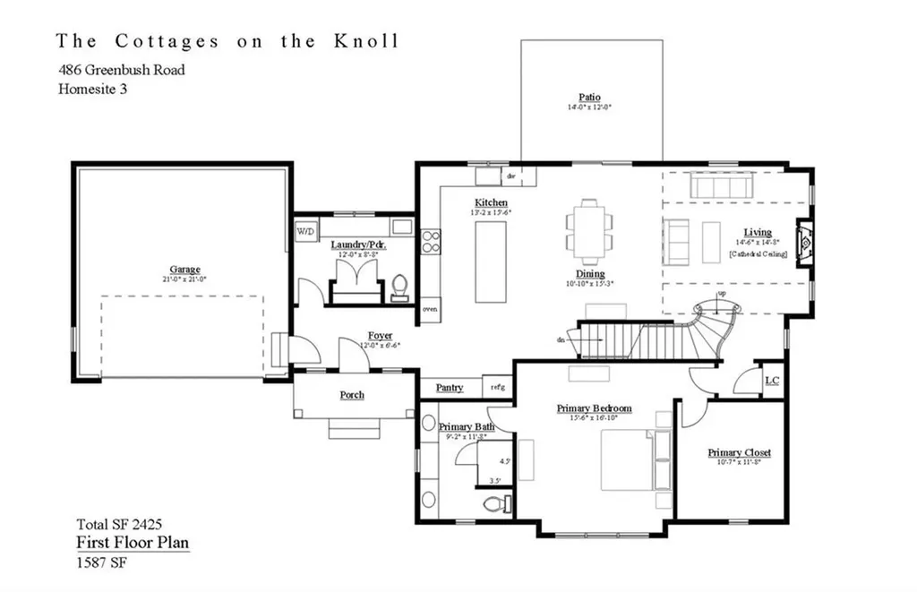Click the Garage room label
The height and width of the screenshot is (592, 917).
(x=185, y=270)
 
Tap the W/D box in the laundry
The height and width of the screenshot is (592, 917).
(x=304, y=232)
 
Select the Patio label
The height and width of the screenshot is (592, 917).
(x=589, y=98)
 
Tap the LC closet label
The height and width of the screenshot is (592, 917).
(x=772, y=381)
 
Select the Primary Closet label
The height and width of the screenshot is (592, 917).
(x=739, y=453)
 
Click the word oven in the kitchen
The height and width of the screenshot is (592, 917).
(x=430, y=310)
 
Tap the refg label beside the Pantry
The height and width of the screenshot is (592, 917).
(x=498, y=388)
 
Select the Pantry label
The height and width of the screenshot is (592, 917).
(x=450, y=388)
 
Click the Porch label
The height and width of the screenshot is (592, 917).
(x=352, y=395)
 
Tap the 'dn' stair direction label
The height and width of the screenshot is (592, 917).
(x=561, y=339)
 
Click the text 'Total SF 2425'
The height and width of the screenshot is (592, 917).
(x=119, y=524)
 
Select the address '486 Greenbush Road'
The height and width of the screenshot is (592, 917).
(x=122, y=69)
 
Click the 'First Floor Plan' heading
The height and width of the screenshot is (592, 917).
(x=132, y=543)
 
